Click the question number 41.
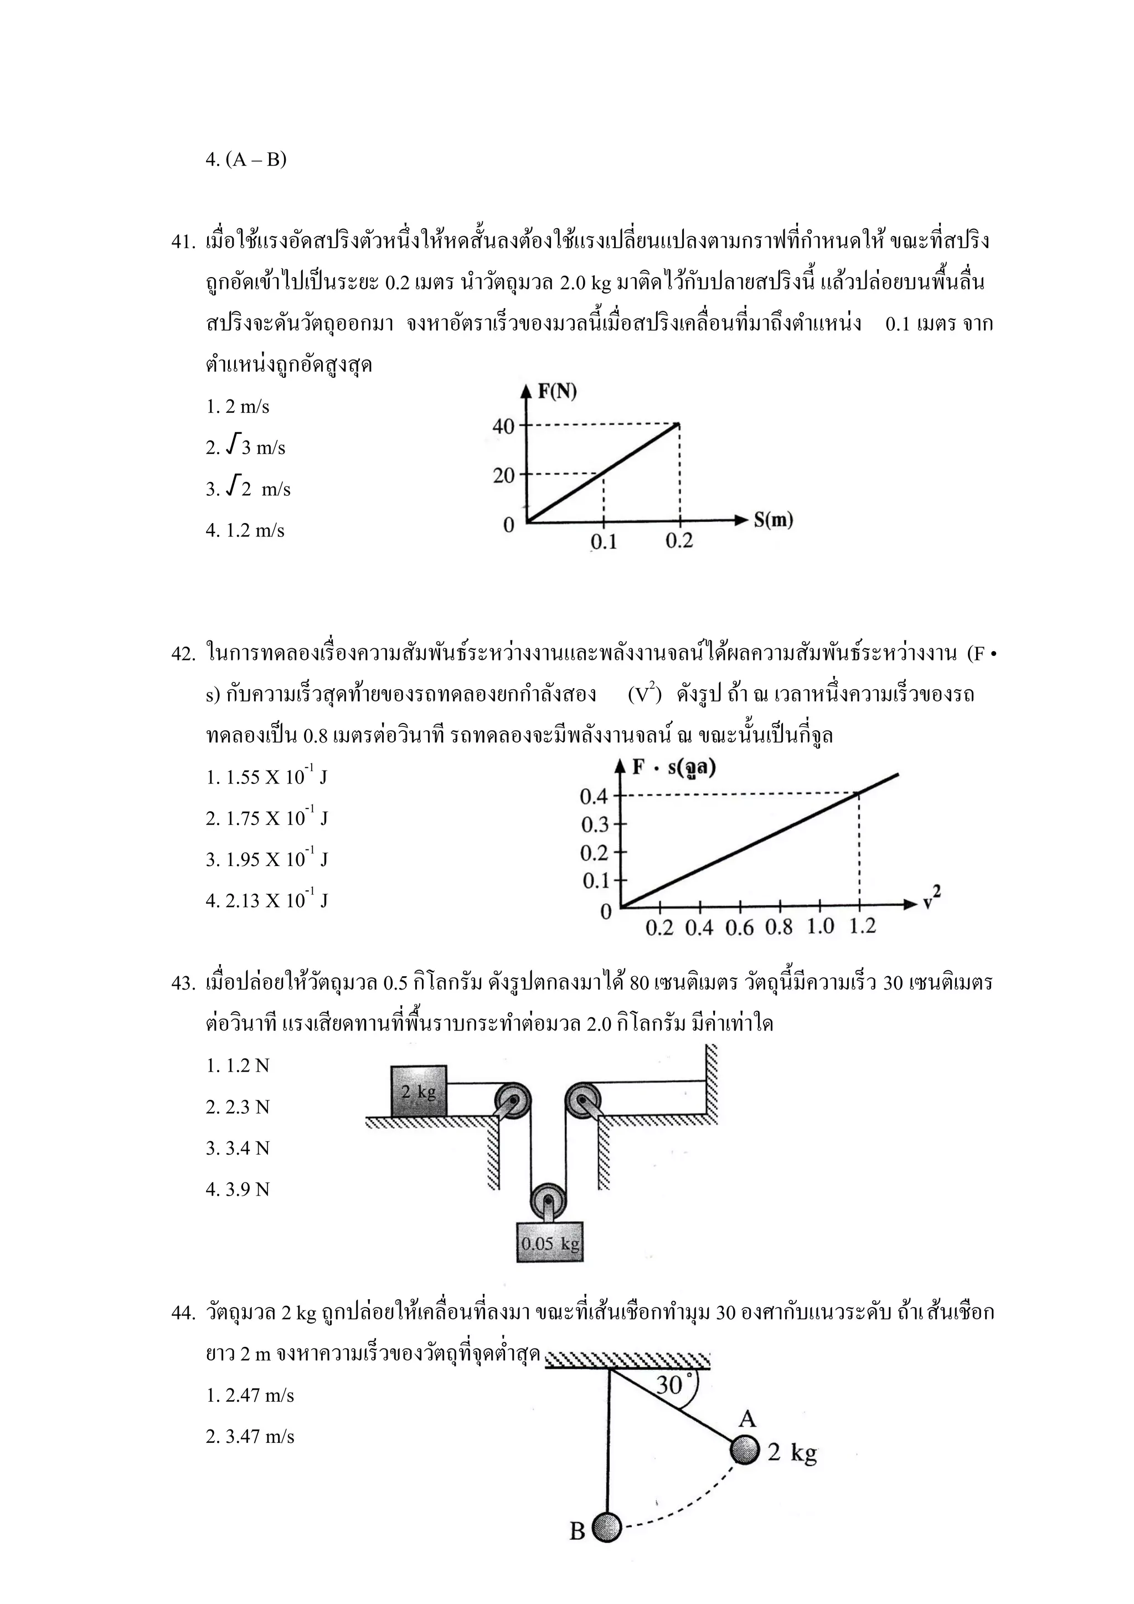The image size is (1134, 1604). (183, 243)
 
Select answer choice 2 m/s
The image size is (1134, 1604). (238, 407)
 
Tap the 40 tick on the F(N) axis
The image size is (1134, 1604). (504, 426)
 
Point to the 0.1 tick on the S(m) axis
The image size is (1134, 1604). (604, 541)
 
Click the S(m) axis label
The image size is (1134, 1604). (773, 520)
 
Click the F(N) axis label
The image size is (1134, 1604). (556, 391)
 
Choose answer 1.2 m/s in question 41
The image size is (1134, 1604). (245, 530)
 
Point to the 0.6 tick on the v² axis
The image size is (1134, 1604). (739, 927)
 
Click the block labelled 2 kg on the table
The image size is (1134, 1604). (418, 1091)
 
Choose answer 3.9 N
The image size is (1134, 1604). (238, 1190)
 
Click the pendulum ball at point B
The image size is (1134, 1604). (607, 1528)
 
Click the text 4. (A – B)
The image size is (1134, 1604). (246, 160)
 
